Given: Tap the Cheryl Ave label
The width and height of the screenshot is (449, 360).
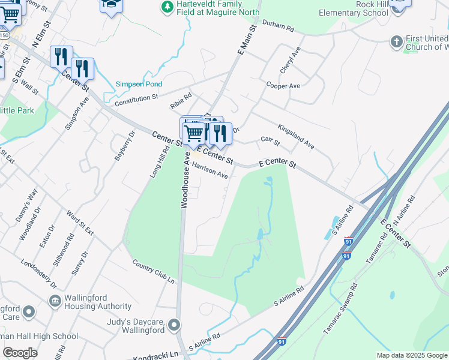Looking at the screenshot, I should click(294, 59).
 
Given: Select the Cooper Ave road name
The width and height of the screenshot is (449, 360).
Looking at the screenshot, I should click(283, 86).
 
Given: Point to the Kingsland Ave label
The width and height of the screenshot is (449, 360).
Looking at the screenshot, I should click(296, 136).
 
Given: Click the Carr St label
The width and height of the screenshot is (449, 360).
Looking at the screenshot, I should click(271, 141).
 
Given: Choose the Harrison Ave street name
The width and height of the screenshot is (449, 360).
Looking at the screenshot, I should click(210, 172).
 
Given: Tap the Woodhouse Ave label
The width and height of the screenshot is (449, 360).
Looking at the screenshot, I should click(185, 179).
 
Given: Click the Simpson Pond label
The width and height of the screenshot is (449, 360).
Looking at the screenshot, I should click(139, 84).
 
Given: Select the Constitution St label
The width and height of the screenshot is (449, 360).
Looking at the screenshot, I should click(136, 96).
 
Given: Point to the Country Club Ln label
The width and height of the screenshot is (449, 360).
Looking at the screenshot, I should click(153, 272).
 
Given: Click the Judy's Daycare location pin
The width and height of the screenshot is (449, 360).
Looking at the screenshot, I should click(174, 326).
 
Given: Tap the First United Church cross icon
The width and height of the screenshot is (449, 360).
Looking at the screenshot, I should click(396, 41).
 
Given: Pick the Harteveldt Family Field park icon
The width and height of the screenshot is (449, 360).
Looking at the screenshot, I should click(167, 7).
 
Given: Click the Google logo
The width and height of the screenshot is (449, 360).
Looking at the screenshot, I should click(20, 353).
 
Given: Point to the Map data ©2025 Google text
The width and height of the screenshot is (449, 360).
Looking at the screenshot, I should click(411, 355).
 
